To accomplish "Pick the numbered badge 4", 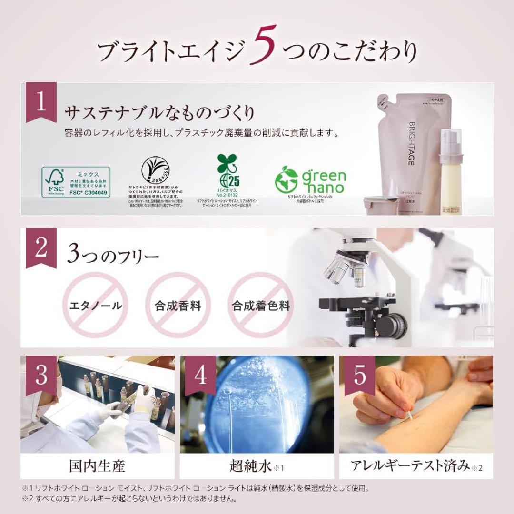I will (200, 376).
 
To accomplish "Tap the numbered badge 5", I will (359, 376).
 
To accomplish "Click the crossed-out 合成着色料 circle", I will (261, 305).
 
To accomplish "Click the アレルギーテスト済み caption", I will (410, 465).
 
